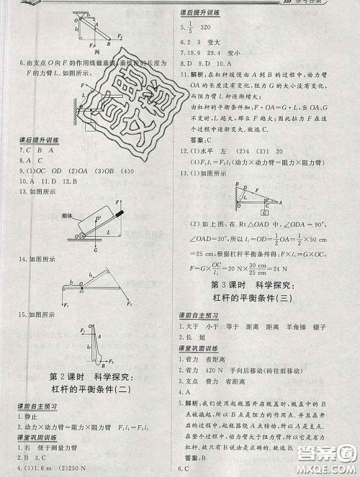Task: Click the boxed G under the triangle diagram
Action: [265, 214]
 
